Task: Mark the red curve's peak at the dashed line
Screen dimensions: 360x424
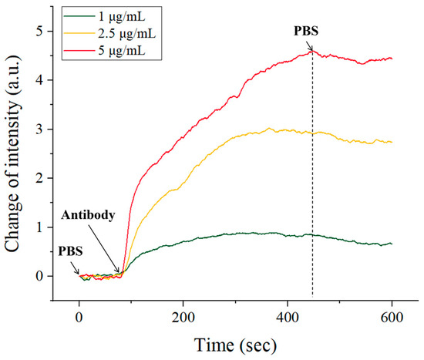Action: point(312,51)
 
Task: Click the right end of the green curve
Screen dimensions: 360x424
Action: point(391,244)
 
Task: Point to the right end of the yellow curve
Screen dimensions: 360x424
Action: point(391,142)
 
